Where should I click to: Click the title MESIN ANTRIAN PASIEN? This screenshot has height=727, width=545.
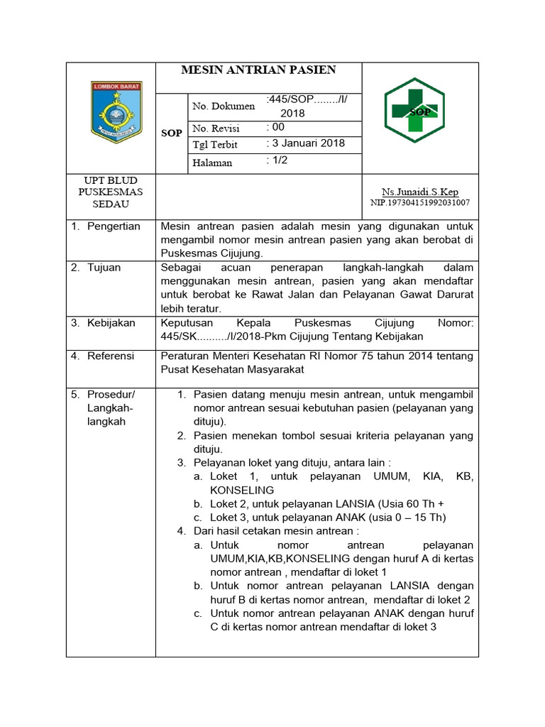click(x=258, y=70)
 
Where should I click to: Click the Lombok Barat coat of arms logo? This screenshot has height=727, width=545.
click(x=116, y=112)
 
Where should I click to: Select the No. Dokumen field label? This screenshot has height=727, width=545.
click(x=224, y=106)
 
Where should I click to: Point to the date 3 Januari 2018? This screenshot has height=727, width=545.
click(x=305, y=143)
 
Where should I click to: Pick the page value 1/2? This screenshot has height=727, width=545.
click(x=277, y=160)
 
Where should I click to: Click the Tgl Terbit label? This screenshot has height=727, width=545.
click(x=215, y=145)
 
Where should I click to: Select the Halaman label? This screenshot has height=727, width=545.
click(x=212, y=163)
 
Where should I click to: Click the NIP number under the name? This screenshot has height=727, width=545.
click(x=420, y=203)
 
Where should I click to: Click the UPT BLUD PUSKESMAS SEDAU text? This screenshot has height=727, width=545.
click(x=110, y=192)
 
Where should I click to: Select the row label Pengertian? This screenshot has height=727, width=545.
click(x=114, y=226)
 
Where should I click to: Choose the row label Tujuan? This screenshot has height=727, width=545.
click(x=104, y=268)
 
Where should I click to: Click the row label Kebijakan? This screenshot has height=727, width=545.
click(x=111, y=323)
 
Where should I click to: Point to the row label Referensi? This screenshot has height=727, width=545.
click(x=110, y=356)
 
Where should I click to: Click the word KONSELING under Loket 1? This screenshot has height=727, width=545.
click(x=242, y=491)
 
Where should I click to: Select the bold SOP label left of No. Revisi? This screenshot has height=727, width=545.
click(x=172, y=133)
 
